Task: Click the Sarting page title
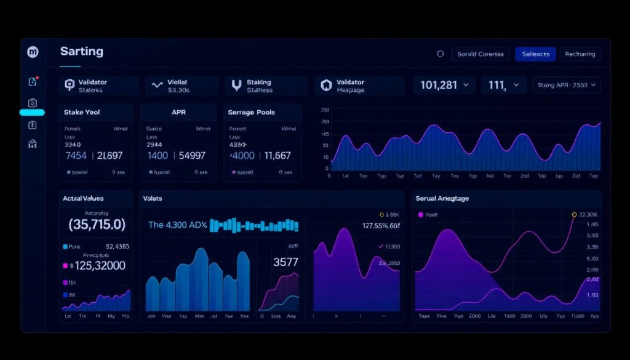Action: [82, 52]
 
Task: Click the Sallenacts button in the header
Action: [535, 54]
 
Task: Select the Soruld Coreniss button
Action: [480, 54]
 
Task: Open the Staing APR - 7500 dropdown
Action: [566, 86]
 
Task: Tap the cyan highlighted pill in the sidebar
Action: [32, 113]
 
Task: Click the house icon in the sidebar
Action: [33, 144]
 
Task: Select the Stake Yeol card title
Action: [82, 113]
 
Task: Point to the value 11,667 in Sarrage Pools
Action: [277, 156]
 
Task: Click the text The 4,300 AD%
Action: [177, 225]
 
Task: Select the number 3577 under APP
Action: [285, 262]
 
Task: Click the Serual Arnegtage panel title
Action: [442, 198]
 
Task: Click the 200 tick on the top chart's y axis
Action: [325, 110]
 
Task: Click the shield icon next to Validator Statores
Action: [69, 86]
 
